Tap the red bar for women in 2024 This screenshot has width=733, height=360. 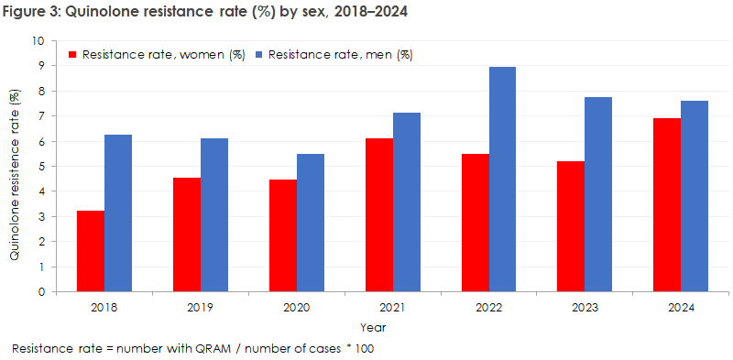[x=667, y=205]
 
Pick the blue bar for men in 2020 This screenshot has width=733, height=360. [x=311, y=223]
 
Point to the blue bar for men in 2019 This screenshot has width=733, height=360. [x=214, y=215]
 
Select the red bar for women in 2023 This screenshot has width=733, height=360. [x=571, y=226]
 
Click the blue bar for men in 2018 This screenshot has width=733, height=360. [x=118, y=213]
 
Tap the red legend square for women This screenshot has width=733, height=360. [x=74, y=55]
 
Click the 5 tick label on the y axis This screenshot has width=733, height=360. [x=40, y=167]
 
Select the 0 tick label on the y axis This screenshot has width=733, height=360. [x=40, y=292]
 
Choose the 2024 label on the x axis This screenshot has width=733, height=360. [x=681, y=308]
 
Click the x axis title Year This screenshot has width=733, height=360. [x=373, y=327]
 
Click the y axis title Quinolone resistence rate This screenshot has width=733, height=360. [x=16, y=175]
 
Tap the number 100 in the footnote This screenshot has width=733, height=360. [x=365, y=349]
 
